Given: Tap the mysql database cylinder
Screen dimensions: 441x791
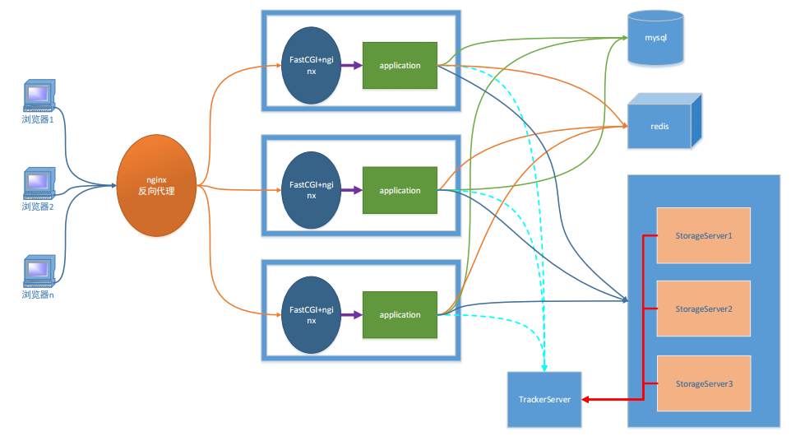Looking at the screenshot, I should click(655, 39).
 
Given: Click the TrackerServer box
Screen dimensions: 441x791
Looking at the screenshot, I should click(544, 399).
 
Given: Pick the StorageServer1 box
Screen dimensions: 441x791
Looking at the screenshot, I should click(703, 235).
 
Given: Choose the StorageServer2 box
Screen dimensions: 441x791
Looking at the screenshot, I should click(703, 309).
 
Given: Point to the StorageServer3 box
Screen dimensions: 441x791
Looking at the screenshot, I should click(703, 383).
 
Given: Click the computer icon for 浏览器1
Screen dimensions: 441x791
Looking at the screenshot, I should click(39, 96).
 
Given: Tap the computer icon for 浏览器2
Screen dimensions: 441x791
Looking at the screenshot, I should click(38, 183).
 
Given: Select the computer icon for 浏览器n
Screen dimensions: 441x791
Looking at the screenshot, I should click(38, 271).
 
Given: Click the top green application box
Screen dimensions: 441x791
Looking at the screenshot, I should click(400, 65).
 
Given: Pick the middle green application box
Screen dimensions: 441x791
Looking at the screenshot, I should click(400, 190).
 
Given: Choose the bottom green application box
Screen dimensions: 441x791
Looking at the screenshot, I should click(400, 314).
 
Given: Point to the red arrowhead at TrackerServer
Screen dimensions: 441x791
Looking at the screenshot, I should click(586, 399).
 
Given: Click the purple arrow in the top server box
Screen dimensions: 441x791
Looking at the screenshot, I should click(351, 65).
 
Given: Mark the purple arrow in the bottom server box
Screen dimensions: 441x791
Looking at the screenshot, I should click(351, 314).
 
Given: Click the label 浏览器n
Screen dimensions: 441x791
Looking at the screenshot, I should click(38, 294).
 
